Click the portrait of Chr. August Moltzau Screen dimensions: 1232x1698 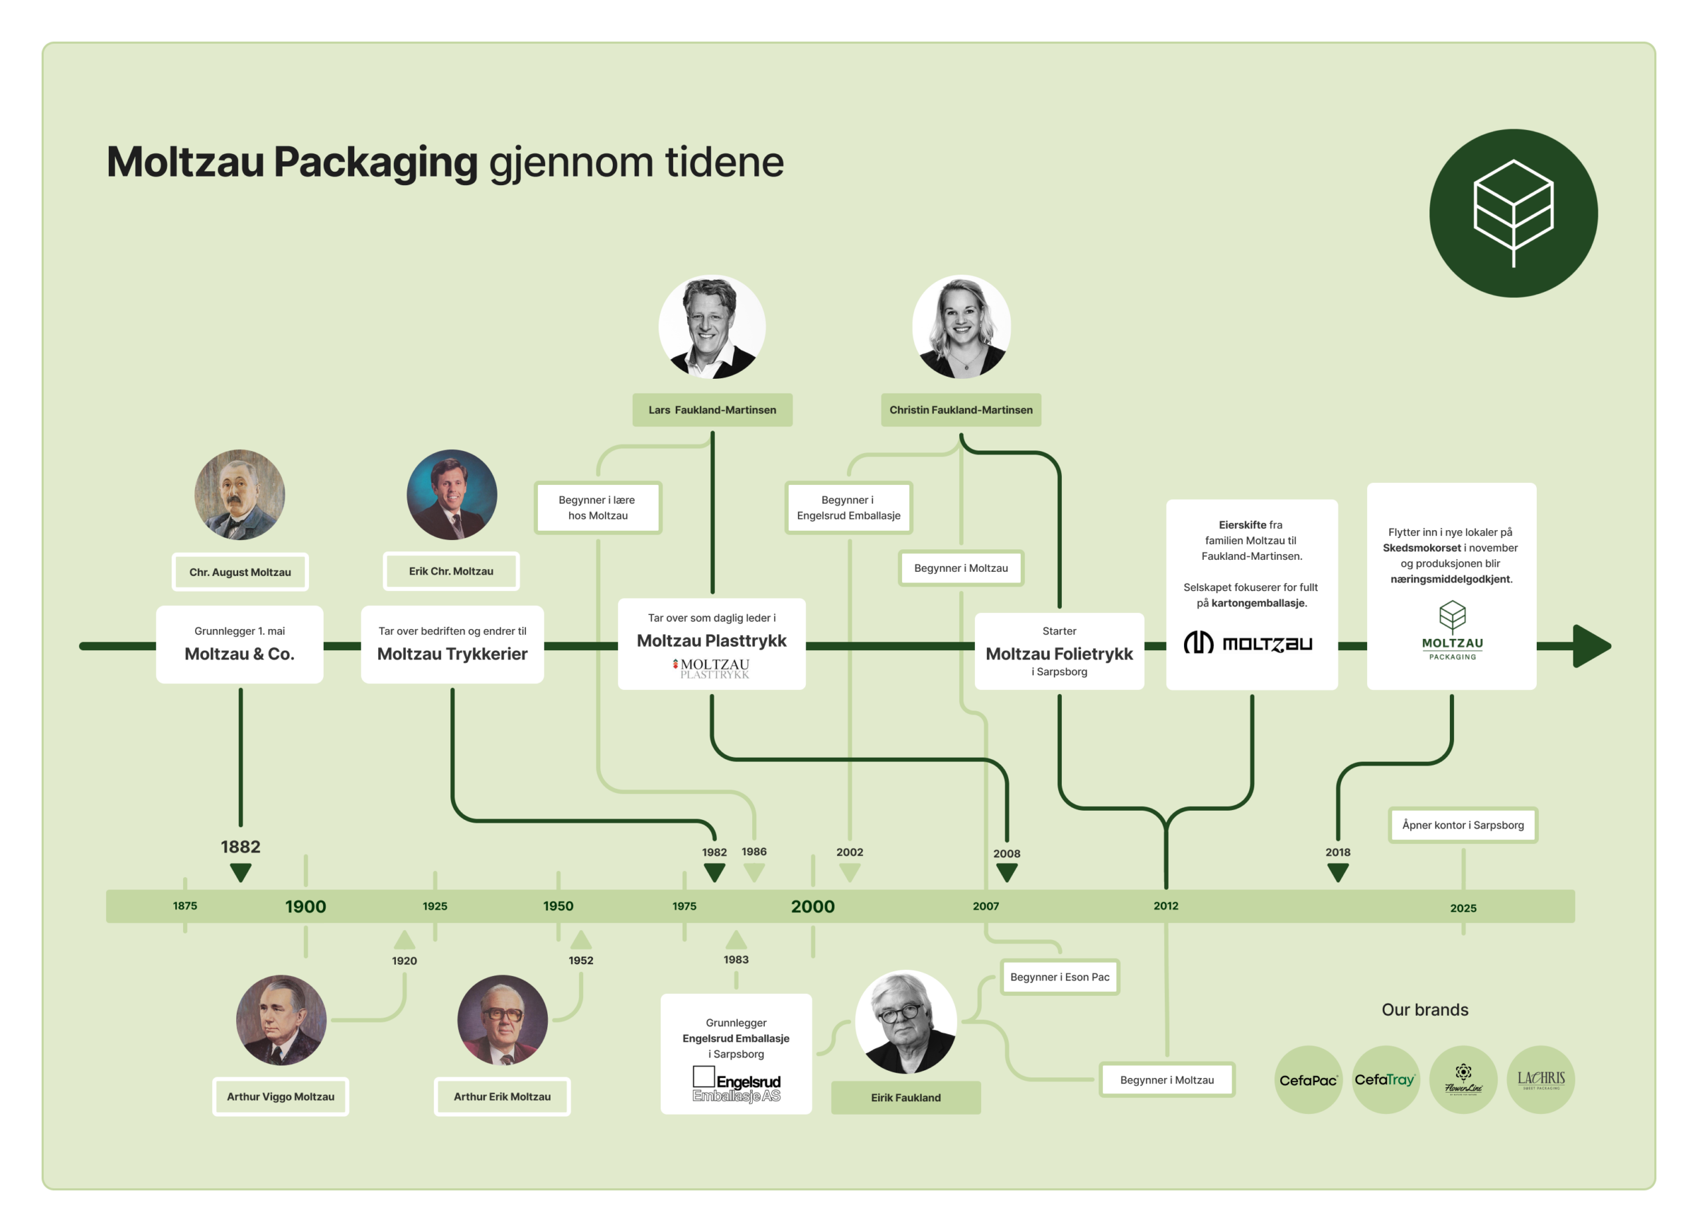point(239,494)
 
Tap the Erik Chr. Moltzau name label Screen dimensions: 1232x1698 point(451,571)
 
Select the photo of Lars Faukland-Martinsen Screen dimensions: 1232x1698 point(711,326)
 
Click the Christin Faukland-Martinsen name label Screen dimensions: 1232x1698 point(960,409)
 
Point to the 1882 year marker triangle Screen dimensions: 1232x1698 point(240,872)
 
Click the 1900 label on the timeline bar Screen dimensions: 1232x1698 point(306,906)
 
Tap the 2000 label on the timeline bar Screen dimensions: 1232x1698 point(813,906)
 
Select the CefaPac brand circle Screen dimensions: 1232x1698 point(1308,1079)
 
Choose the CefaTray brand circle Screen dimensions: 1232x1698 point(1385,1079)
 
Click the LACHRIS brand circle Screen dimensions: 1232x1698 point(1540,1079)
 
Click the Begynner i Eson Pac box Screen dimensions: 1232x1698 point(1059,977)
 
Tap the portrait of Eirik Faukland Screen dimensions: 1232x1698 point(905,1022)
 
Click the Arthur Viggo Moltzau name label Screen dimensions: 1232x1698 point(281,1097)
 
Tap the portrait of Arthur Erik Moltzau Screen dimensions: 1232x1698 point(502,1020)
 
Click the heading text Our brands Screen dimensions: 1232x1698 point(1425,1010)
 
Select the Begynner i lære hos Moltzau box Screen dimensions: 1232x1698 point(598,508)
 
